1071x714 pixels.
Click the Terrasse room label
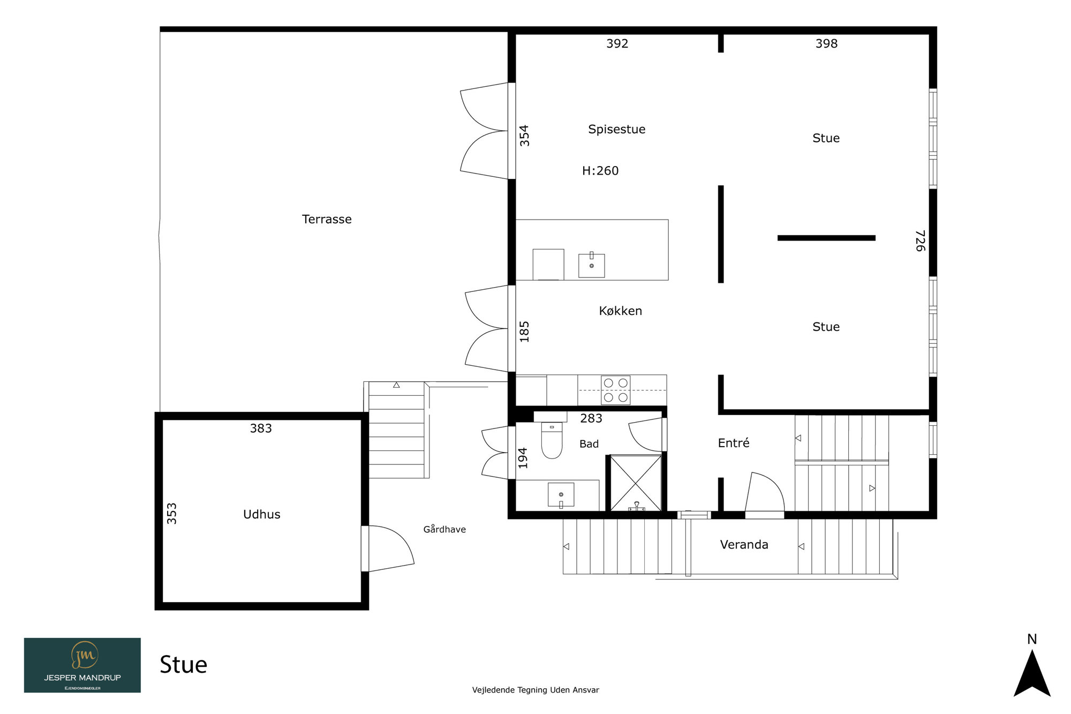click(x=327, y=219)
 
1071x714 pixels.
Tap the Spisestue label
click(x=616, y=129)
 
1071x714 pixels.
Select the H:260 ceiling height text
click(x=600, y=171)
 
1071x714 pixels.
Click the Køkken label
click(x=620, y=311)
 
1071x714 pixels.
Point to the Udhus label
click(x=261, y=514)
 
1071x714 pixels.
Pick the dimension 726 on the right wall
click(x=920, y=240)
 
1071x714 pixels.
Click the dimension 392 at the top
click(x=617, y=43)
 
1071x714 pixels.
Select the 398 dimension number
click(x=826, y=43)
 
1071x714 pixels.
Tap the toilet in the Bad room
click(x=552, y=440)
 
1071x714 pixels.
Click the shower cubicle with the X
click(x=636, y=483)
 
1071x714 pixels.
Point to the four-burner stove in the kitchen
click(x=615, y=390)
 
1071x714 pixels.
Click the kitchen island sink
click(x=591, y=265)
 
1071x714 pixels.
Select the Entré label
click(x=733, y=443)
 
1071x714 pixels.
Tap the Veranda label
click(x=744, y=545)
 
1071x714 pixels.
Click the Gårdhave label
click(x=444, y=529)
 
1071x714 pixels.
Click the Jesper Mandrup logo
click(x=82, y=665)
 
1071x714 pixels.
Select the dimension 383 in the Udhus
click(x=261, y=429)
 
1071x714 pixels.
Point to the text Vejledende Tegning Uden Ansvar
click(x=535, y=690)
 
